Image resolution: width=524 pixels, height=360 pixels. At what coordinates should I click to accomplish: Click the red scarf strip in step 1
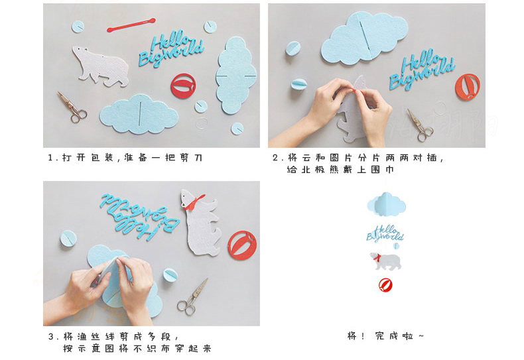point(131,25)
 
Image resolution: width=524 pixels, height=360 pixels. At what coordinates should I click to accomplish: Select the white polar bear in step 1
point(100,67)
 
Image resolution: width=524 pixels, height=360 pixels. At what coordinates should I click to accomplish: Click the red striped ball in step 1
point(183,86)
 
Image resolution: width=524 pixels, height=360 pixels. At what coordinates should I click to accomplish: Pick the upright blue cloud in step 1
point(236,76)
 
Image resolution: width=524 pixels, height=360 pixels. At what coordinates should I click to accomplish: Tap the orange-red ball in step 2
point(468,87)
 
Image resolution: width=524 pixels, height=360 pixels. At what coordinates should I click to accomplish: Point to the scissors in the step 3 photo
point(192,298)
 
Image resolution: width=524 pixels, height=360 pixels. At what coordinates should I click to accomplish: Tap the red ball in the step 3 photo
point(242,245)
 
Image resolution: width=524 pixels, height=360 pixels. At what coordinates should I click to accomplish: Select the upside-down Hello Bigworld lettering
point(140,217)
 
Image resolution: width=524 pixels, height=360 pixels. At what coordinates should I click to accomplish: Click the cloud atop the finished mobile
point(386,204)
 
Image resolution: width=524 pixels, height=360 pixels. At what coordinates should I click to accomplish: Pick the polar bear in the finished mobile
point(385,261)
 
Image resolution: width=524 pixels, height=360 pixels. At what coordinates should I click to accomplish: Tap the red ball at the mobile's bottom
point(385,285)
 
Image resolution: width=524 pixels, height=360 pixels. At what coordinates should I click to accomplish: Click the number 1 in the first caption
point(50,157)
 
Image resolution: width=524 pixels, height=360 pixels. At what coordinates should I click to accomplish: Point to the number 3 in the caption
point(50,336)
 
